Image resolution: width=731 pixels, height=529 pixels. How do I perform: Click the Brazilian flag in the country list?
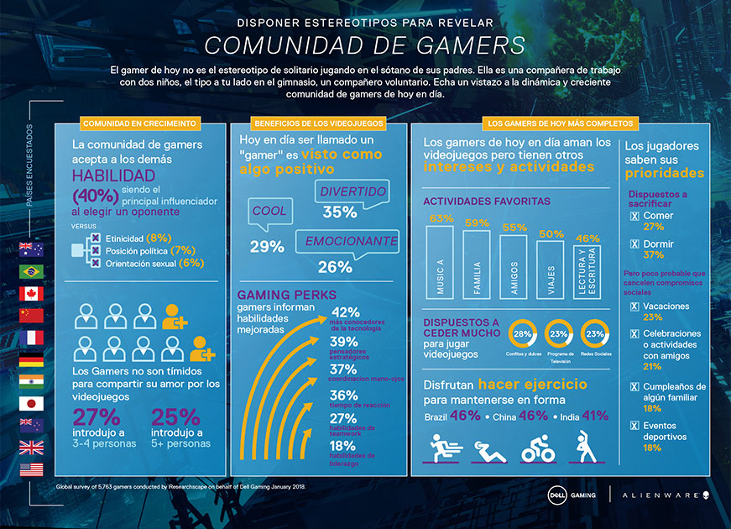tap(31, 271)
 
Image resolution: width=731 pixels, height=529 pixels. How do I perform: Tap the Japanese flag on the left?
tap(31, 403)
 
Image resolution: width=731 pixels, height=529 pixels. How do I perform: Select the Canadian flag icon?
tap(31, 293)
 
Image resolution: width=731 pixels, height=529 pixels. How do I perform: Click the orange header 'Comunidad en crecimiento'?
tap(140, 123)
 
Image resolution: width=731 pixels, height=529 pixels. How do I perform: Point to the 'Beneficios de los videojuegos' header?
tap(318, 123)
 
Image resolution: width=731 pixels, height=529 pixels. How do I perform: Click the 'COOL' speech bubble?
tap(270, 212)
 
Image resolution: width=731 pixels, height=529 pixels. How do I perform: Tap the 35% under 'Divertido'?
tap(340, 212)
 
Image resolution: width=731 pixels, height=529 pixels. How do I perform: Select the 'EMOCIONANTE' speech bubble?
tap(350, 241)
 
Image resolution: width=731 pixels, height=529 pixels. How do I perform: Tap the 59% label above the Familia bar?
tap(477, 223)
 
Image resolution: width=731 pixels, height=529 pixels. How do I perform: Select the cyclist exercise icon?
tap(536, 449)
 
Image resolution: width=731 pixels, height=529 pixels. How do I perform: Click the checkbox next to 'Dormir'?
tap(634, 244)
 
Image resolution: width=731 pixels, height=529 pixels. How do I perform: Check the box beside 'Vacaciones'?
tap(634, 306)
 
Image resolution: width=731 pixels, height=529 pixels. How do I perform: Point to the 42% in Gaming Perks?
tap(347, 313)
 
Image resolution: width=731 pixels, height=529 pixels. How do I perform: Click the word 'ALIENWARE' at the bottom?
tap(658, 495)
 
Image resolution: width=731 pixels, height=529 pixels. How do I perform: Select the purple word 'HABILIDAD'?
tap(113, 175)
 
